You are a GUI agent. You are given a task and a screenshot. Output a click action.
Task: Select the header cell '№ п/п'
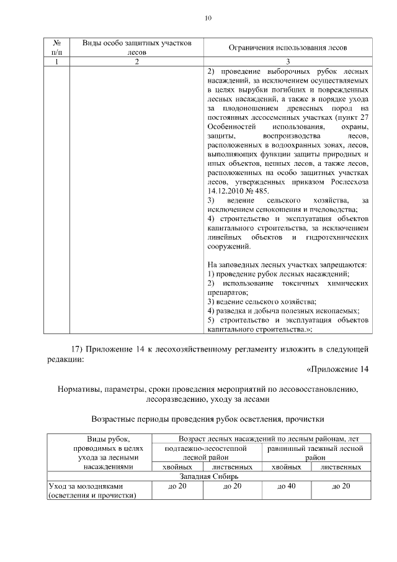pos(57,47)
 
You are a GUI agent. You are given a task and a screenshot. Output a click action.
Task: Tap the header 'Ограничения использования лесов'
pos(289,48)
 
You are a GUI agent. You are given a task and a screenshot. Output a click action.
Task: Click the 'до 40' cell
pos(285,486)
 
